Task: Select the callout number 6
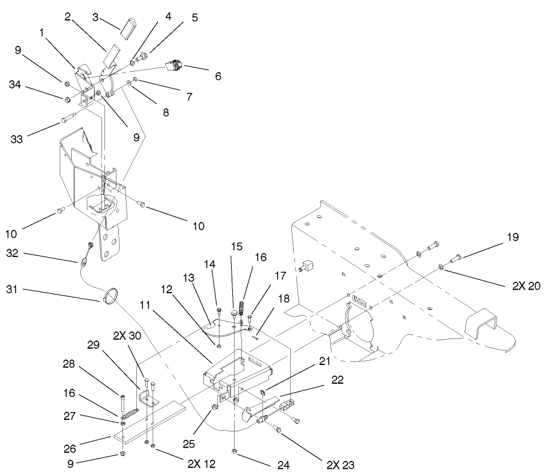click(x=218, y=77)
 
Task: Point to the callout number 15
click(x=236, y=247)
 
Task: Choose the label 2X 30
click(x=125, y=335)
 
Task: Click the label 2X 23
click(x=340, y=466)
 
